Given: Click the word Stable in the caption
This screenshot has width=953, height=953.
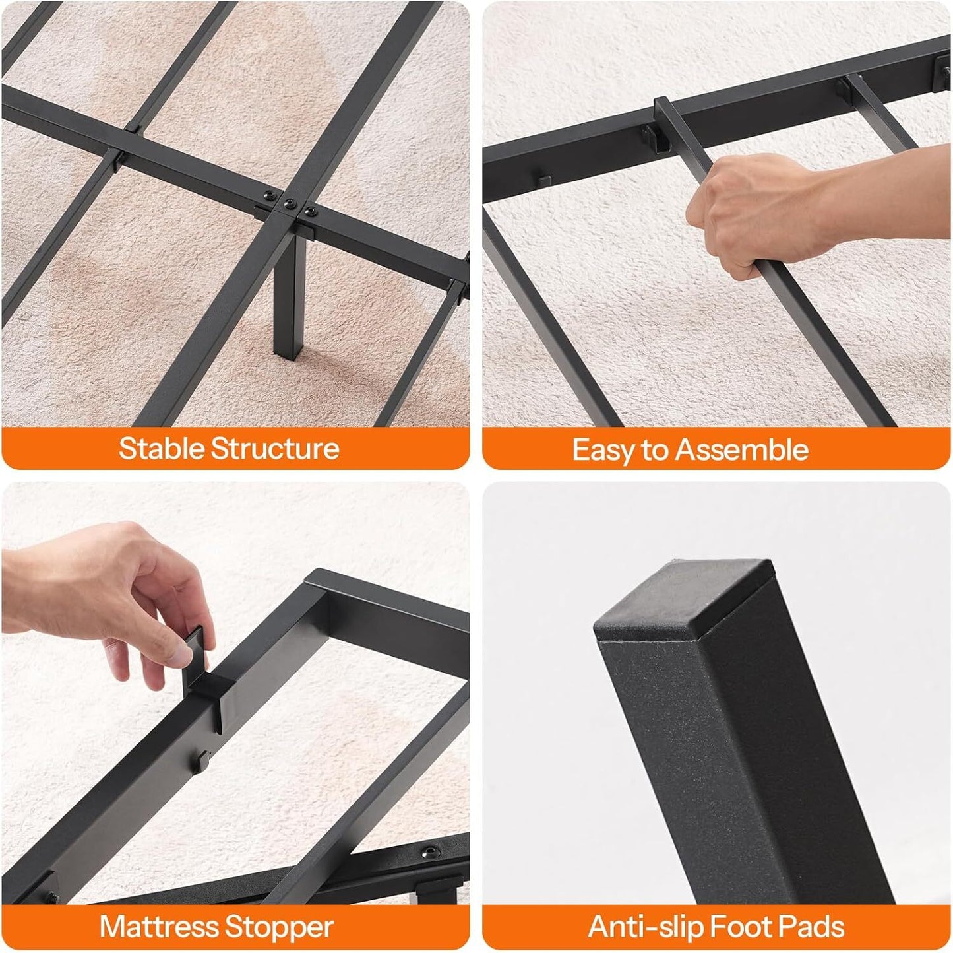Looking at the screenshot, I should (x=162, y=449).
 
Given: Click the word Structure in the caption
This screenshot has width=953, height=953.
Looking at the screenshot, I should (x=274, y=449).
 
